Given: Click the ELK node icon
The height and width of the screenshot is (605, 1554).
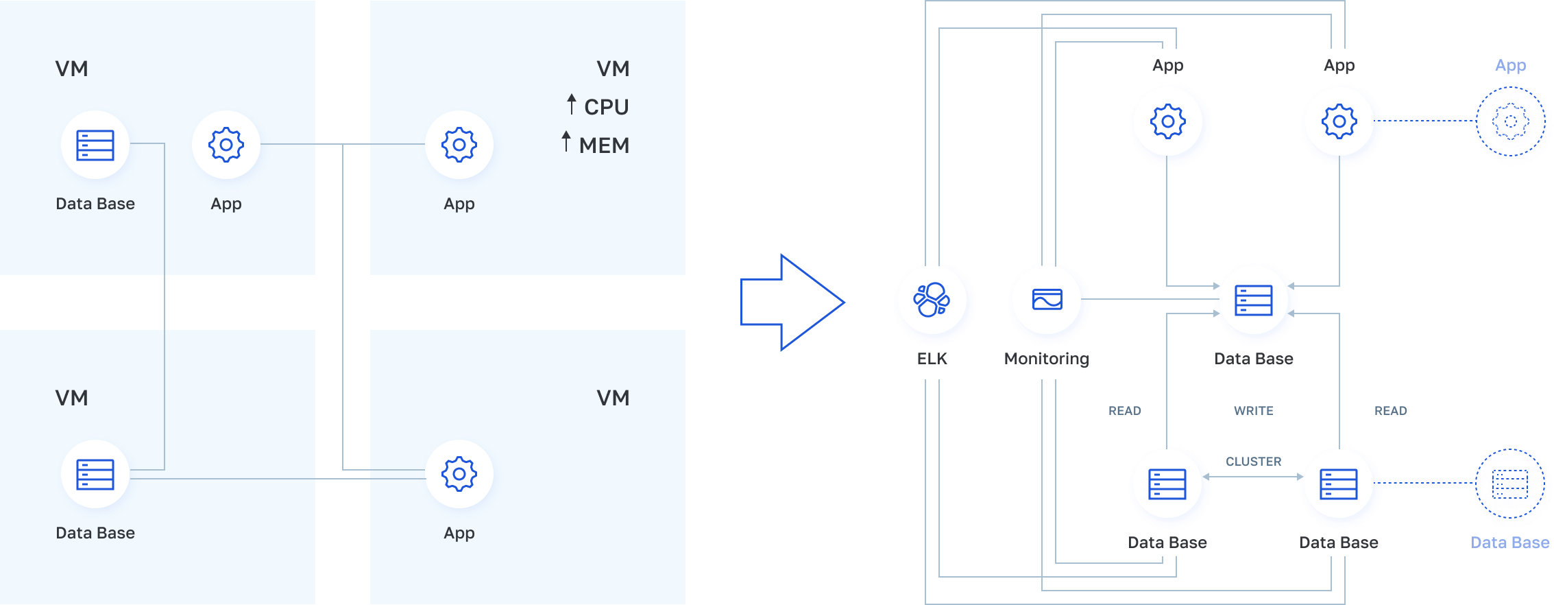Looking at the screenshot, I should click(932, 300).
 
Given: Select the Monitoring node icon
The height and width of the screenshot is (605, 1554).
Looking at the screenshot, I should click(1047, 300).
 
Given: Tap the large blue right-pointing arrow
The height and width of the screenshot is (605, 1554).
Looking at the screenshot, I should click(792, 302).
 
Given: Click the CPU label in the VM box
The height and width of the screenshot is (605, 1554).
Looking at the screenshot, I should click(606, 107).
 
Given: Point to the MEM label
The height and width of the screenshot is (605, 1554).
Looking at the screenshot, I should click(604, 145).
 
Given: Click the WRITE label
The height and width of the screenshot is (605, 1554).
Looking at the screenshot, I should click(1253, 411).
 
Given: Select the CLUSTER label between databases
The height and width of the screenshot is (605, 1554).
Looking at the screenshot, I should click(1253, 462).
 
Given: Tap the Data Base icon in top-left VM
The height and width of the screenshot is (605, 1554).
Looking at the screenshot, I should click(95, 145).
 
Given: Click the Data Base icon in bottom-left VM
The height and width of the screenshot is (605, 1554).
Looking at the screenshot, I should click(95, 474).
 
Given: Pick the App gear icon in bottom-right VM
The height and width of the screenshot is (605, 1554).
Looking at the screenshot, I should click(459, 474).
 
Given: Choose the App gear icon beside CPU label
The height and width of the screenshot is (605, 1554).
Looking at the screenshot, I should click(459, 145).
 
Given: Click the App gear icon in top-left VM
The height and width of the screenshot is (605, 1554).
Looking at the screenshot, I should click(226, 145).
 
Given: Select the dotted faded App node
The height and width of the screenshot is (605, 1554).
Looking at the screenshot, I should click(1513, 124).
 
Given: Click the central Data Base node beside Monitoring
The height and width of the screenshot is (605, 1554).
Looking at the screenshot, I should click(1254, 300).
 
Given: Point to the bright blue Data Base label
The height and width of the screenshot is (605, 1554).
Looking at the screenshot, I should click(1510, 543).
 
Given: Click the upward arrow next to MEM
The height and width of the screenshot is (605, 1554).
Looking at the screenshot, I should click(566, 141).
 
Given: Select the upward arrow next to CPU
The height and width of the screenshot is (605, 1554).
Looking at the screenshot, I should click(572, 104).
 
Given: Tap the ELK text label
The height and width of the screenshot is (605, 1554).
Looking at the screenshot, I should click(932, 359).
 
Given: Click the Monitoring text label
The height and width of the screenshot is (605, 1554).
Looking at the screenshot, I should click(1046, 359).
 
